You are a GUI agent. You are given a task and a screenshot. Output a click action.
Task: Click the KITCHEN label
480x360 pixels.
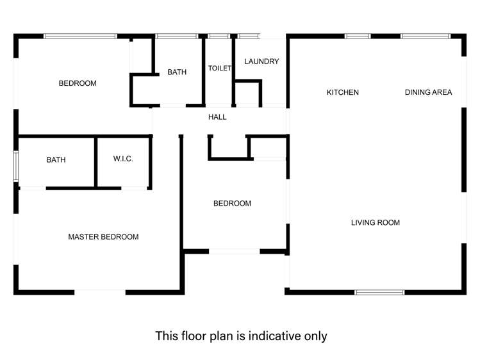(342, 92)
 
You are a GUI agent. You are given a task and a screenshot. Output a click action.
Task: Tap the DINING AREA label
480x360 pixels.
(428, 92)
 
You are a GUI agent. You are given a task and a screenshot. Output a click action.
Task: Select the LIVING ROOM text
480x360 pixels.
(375, 223)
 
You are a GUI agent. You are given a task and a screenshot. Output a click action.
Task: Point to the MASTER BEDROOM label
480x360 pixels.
(103, 237)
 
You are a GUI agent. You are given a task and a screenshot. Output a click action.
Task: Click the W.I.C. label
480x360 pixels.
(123, 160)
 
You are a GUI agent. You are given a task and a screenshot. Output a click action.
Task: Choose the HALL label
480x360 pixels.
(217, 117)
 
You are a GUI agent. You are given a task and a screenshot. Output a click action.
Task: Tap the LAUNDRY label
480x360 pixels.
(261, 61)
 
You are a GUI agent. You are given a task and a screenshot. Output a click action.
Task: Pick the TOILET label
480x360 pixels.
(219, 69)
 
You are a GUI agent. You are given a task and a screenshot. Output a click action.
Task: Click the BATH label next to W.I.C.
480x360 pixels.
(56, 160)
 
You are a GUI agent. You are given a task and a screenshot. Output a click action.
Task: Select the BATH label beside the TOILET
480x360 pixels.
(177, 72)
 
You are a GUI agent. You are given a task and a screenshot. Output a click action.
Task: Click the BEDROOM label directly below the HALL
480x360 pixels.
(232, 204)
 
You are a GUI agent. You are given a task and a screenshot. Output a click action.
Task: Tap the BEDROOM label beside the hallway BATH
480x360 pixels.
(78, 83)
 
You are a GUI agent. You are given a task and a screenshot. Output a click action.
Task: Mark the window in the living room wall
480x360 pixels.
(379, 292)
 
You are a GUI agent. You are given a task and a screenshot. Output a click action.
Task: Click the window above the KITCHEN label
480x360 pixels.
(358, 36)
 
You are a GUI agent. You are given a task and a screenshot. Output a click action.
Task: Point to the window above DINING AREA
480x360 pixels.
(426, 36)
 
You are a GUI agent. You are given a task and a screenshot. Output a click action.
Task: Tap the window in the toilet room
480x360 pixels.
(219, 36)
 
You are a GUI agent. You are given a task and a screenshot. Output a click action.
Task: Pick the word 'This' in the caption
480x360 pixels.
(168, 336)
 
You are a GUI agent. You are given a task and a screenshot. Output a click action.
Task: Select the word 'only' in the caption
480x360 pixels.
(315, 336)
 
